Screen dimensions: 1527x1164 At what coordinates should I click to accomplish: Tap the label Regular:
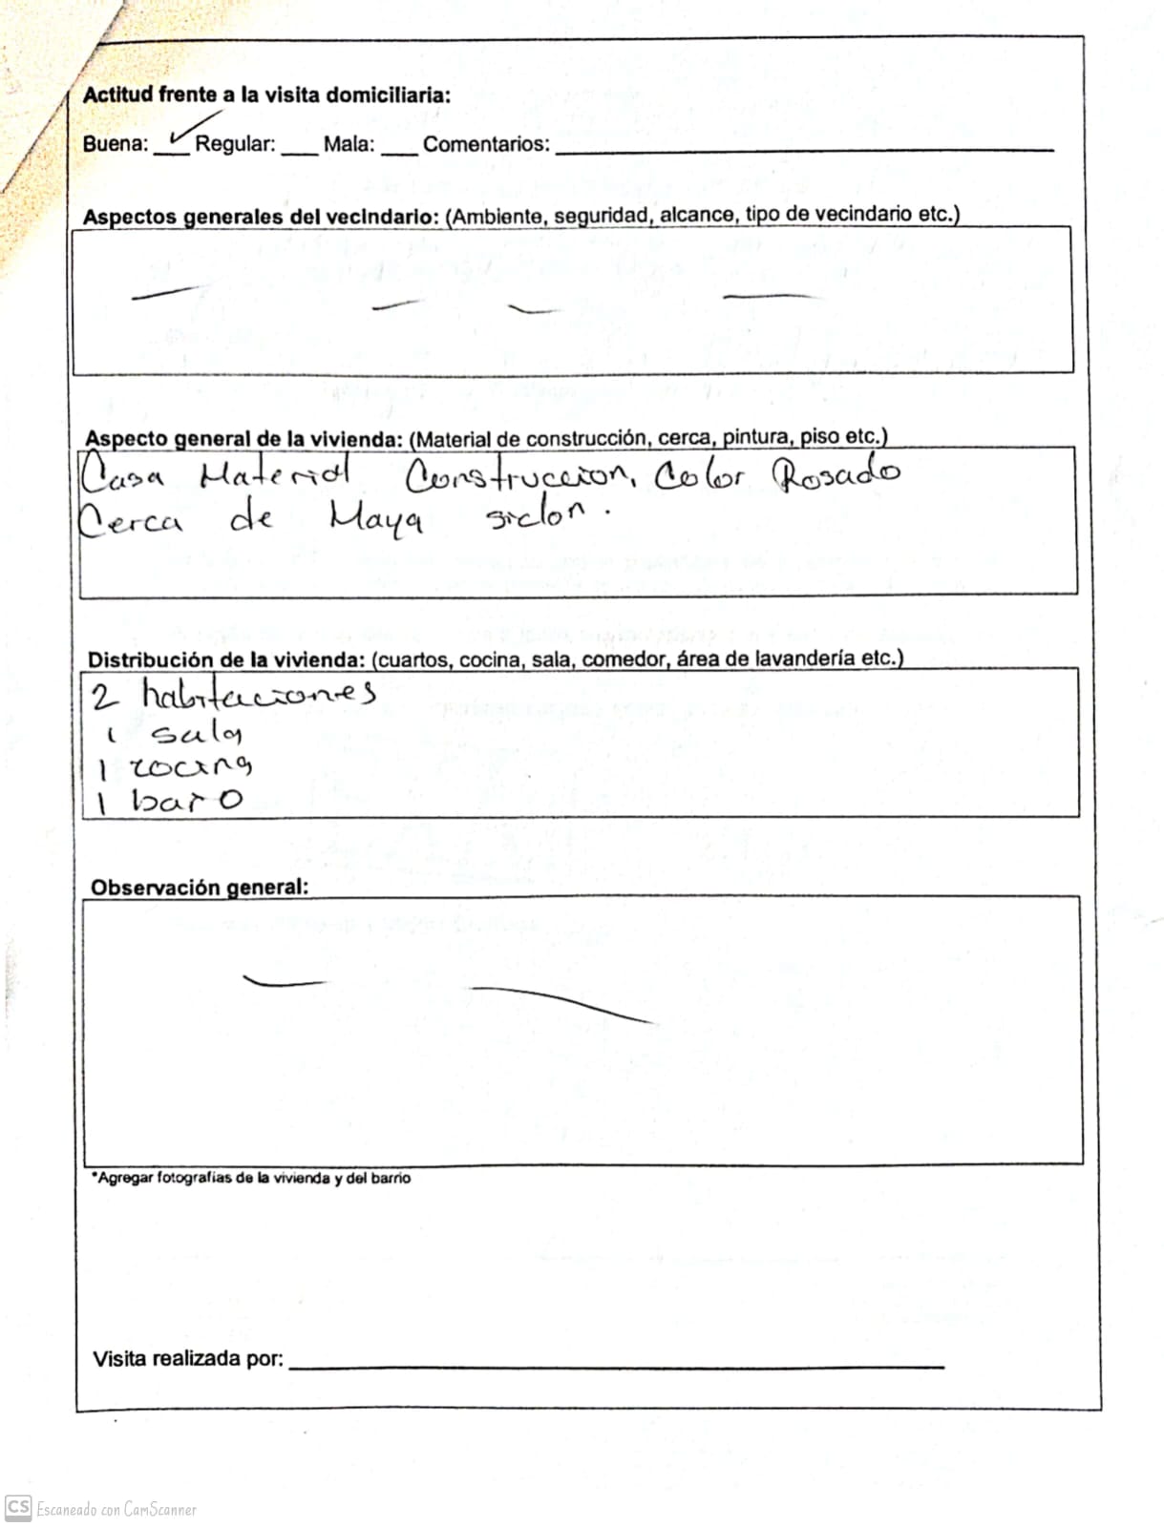tap(235, 145)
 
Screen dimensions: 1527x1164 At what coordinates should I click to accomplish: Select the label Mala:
tap(349, 145)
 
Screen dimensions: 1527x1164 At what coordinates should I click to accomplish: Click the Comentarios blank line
tap(804, 150)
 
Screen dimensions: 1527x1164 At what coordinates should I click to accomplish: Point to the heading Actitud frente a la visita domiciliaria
tap(266, 95)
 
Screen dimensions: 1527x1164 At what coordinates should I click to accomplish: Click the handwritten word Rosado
tap(836, 474)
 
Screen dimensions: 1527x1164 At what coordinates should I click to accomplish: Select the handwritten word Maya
tap(376, 520)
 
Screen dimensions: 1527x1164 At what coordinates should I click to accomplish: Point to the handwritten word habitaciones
tap(258, 696)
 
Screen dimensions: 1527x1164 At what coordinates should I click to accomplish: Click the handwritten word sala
tap(197, 733)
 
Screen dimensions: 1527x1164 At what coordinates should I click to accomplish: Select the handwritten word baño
tap(186, 800)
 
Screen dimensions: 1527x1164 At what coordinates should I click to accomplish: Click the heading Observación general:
tap(200, 888)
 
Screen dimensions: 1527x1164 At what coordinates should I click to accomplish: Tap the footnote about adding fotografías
tap(251, 1179)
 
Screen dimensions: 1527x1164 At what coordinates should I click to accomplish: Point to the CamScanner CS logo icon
tap(18, 1507)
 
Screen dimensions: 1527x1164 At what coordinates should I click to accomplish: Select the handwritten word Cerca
tap(131, 521)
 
